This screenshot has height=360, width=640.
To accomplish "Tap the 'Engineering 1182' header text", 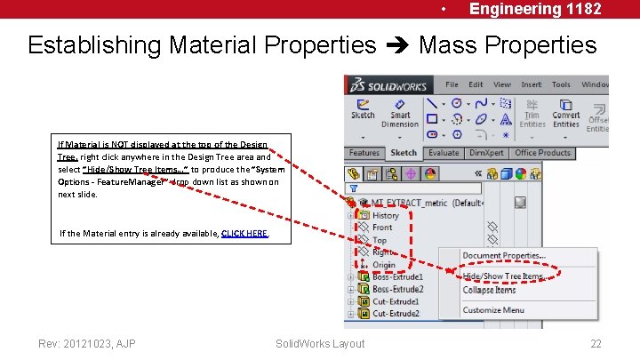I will tap(535, 9).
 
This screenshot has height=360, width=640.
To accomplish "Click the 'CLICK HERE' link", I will tap(244, 234).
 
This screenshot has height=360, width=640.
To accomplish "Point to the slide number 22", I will tap(596, 343).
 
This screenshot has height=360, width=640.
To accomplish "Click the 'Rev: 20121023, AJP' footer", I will tap(86, 343).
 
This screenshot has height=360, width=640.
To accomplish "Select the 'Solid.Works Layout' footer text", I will tap(320, 343).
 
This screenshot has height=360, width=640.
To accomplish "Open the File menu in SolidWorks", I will tap(452, 84).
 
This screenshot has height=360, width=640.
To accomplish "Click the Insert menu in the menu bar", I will tap(531, 84).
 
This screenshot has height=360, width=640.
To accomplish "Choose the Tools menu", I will tap(561, 84).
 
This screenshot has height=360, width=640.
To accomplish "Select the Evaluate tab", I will tap(444, 153).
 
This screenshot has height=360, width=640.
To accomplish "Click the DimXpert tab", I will tap(486, 153).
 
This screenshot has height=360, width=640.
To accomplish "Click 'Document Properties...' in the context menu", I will tap(504, 256).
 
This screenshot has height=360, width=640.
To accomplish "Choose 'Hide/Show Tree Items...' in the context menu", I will tap(503, 276).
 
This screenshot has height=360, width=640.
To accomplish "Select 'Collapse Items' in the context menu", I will tap(489, 290).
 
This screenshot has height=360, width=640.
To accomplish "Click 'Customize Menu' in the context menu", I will tap(493, 310).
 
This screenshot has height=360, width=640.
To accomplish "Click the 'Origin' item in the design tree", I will tap(384, 265).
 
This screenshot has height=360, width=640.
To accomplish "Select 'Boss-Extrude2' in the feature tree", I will tap(397, 290).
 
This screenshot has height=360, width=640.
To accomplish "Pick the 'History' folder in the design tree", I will tap(386, 215).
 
